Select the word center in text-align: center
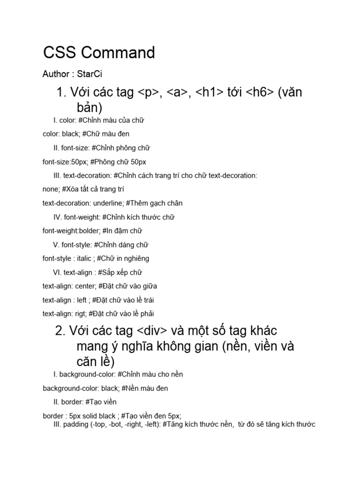pyautogui.click(x=85, y=286)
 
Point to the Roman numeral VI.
pyautogui.click(x=57, y=272)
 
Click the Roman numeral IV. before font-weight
pyautogui.click(x=58, y=217)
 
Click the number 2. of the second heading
pyautogui.click(x=60, y=331)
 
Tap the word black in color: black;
pyautogui.click(x=71, y=134)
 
